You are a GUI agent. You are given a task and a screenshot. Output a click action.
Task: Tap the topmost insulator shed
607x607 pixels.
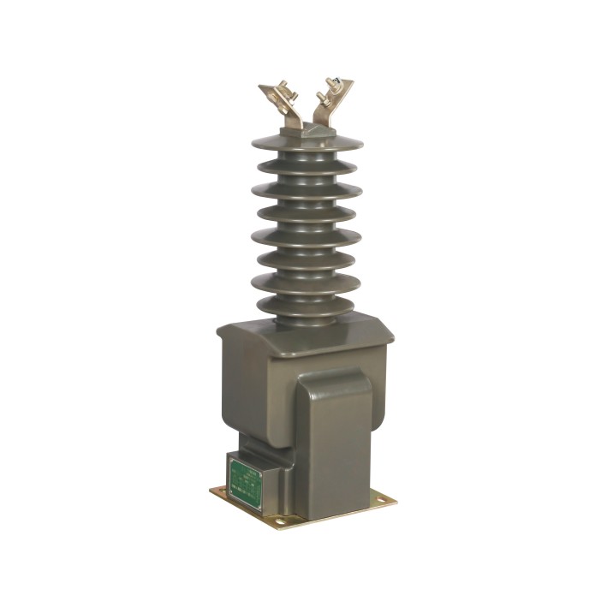(x=306, y=143)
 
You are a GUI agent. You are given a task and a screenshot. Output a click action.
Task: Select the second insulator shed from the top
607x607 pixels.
(x=306, y=166)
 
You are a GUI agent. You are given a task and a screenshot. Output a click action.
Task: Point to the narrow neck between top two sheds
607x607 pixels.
(x=306, y=156)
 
